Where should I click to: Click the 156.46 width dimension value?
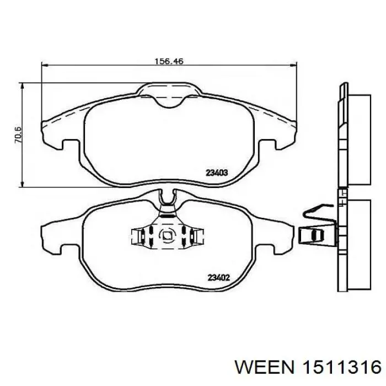pos(169,61)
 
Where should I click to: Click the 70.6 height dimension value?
pos(18,135)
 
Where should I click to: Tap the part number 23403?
pos(217,173)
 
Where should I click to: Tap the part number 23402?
pos(219,278)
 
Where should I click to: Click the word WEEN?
pos(265,368)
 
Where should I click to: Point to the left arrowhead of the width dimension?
pos(45,65)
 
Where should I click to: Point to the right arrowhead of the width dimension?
pos(294,65)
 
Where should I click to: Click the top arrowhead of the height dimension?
pos(23,86)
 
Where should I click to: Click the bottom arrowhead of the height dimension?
pos(23,184)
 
